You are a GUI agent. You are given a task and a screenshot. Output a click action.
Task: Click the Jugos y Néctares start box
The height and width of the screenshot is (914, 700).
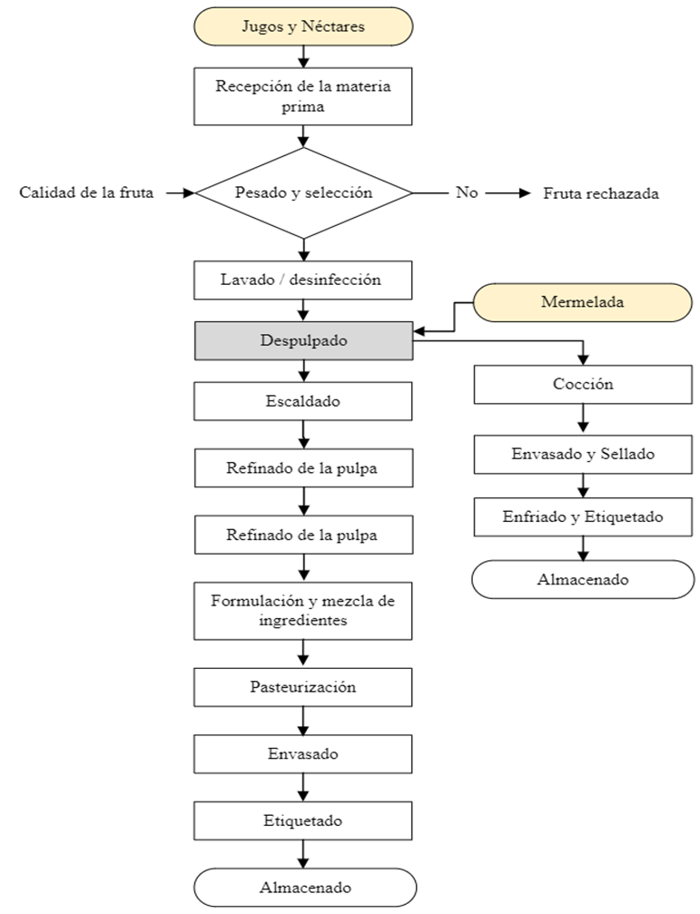pyautogui.click(x=303, y=26)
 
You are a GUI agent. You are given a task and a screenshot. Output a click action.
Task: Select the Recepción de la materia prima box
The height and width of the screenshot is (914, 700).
pyautogui.click(x=303, y=96)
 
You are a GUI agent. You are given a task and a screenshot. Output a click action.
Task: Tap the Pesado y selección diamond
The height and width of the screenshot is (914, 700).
pyautogui.click(x=303, y=192)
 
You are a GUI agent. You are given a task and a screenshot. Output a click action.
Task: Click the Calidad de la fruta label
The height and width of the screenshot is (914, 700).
pyautogui.click(x=85, y=192)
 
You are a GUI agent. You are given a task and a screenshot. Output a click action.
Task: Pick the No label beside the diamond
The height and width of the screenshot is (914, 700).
pyautogui.click(x=466, y=192)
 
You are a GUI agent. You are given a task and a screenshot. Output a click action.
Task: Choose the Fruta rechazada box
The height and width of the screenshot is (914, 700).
pyautogui.click(x=600, y=193)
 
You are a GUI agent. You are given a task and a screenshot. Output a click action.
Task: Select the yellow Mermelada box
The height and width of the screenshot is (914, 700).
pyautogui.click(x=582, y=302)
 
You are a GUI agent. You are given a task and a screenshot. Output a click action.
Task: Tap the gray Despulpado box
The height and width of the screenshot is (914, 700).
pyautogui.click(x=303, y=341)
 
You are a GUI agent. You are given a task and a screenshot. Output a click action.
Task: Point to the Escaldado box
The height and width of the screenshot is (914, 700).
pyautogui.click(x=303, y=400)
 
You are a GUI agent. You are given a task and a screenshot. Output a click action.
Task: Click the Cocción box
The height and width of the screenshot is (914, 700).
pyautogui.click(x=583, y=384)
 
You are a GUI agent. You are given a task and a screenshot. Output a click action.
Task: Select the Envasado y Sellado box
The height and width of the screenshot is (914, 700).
pyautogui.click(x=583, y=453)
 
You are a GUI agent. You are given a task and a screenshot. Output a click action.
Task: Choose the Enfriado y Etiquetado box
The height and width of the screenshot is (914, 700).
pyautogui.click(x=583, y=517)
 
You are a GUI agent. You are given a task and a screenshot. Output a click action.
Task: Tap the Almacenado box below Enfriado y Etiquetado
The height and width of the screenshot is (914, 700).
pyautogui.click(x=583, y=579)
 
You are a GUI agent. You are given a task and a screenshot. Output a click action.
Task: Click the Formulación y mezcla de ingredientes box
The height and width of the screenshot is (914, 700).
pyautogui.click(x=303, y=611)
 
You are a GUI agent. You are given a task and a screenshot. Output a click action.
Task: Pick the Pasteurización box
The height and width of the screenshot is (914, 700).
pyautogui.click(x=303, y=687)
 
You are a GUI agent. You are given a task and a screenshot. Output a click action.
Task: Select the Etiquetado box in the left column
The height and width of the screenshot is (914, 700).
pyautogui.click(x=303, y=821)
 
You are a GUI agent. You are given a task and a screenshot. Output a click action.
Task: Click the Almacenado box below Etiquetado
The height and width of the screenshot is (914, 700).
pyautogui.click(x=303, y=888)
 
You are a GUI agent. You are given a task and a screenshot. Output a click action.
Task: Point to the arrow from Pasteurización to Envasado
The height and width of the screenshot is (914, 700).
pyautogui.click(x=303, y=721)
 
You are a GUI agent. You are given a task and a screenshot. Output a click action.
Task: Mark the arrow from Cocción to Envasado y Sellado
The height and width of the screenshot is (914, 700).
pyautogui.click(x=583, y=418)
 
